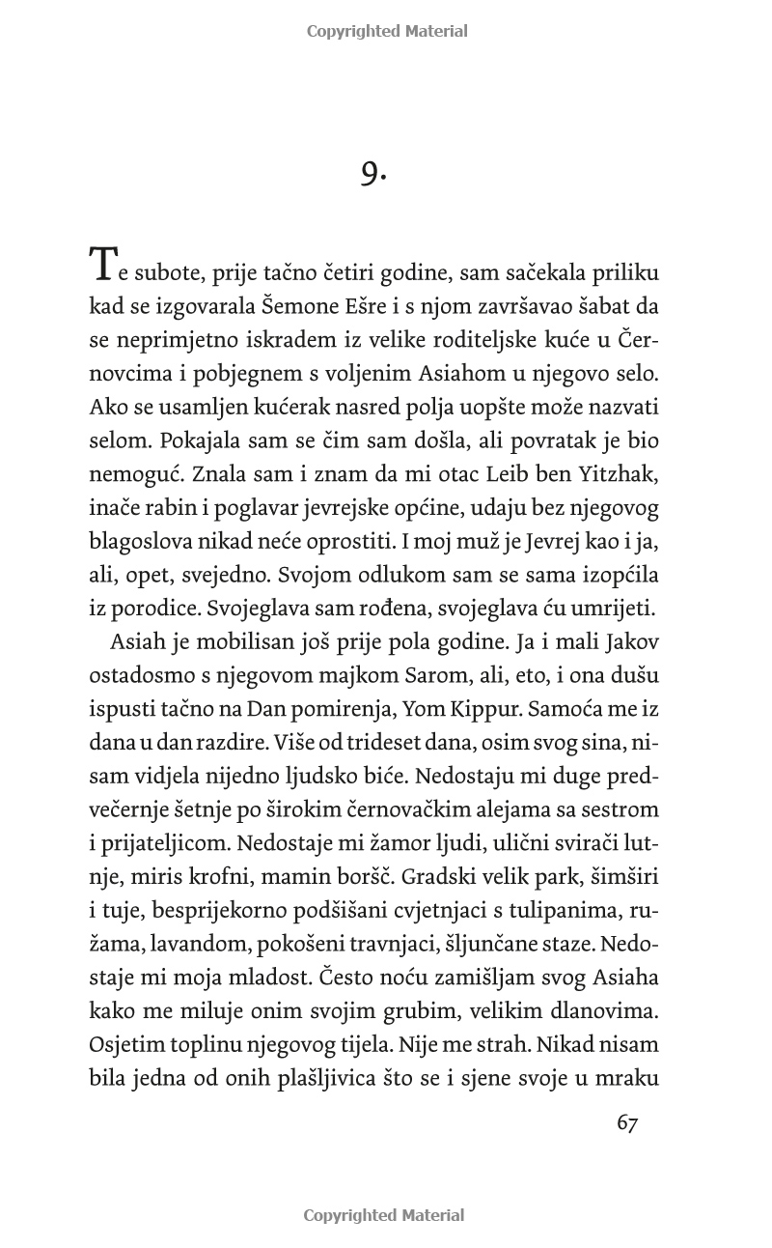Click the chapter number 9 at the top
(x=372, y=173)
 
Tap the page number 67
(x=627, y=1123)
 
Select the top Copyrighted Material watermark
(x=386, y=31)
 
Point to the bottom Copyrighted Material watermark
(x=384, y=1215)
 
